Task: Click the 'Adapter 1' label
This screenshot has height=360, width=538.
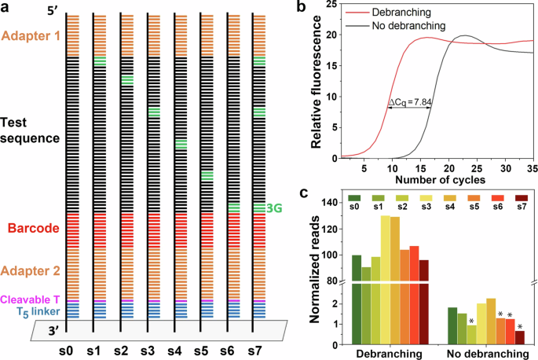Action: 30,35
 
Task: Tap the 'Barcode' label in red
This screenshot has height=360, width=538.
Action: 31,230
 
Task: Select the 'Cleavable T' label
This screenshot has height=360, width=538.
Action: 30,299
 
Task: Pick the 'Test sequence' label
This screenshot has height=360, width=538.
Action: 30,130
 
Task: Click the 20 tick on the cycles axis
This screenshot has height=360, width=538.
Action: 448,168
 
